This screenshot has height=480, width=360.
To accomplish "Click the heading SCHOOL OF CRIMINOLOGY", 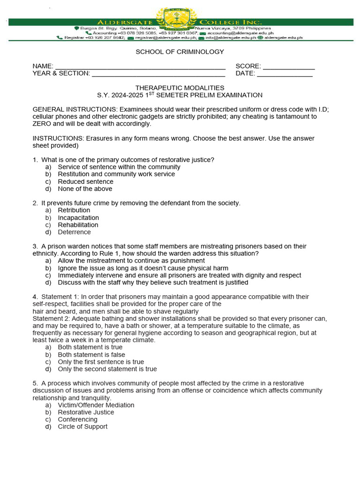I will tap(180, 52).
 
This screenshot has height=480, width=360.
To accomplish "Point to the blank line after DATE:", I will tap(285, 75).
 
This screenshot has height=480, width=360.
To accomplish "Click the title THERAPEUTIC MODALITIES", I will tap(180, 88).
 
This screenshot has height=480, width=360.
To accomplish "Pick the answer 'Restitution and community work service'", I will tap(116, 174).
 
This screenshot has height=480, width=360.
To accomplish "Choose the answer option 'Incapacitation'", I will tap(78, 217).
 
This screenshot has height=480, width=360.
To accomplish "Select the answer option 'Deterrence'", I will tap(74, 232).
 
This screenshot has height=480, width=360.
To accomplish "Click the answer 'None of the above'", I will tap(85, 188).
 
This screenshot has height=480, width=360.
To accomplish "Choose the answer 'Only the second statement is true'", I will tap(107, 369).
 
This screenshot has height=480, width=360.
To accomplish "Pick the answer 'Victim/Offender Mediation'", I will tap(96, 405).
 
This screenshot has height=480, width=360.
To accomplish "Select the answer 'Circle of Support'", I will tap(82, 427).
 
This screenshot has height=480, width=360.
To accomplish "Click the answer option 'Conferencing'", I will tap(77, 420).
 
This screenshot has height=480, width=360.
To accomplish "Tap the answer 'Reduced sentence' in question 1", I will tap(85, 181).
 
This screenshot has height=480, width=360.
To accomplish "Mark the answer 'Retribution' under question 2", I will tap(74, 210).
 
